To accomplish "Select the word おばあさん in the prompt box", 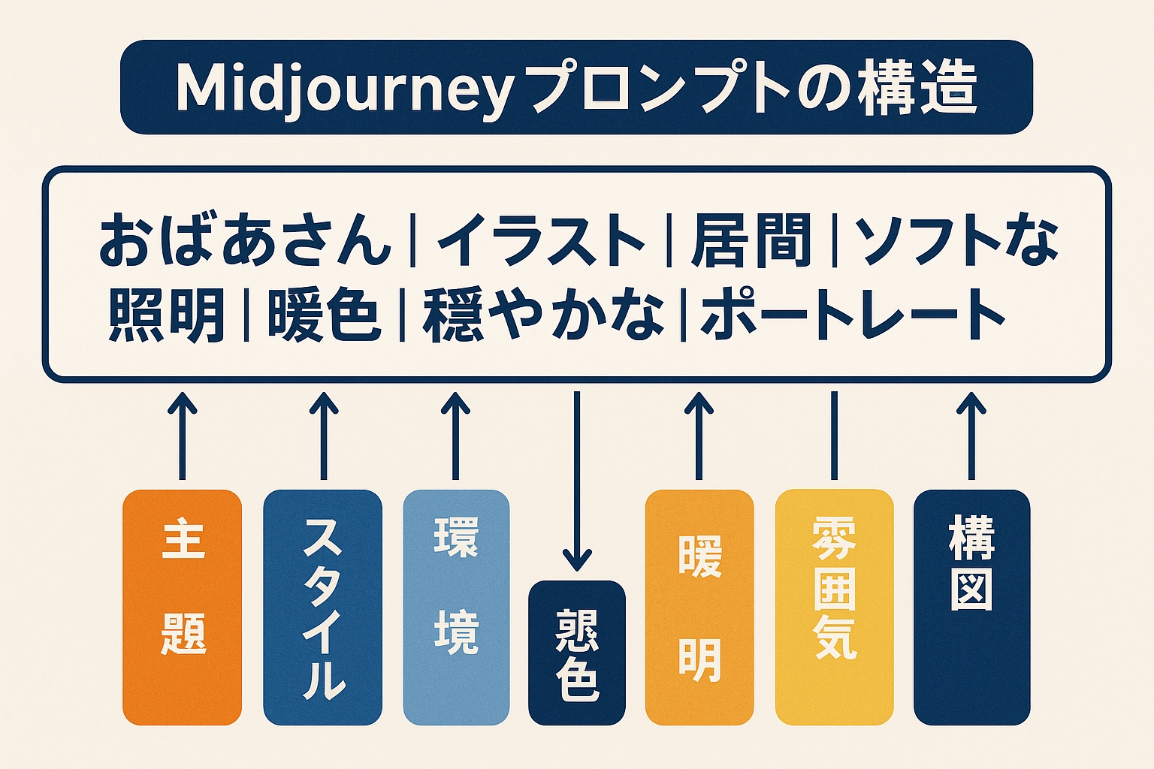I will [x=245, y=240].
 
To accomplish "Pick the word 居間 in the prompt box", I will [x=751, y=240].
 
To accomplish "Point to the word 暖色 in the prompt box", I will [x=324, y=315].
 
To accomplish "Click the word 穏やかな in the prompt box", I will [x=543, y=315].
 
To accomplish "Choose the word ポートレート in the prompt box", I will [x=852, y=315].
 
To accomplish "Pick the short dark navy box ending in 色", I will [x=577, y=653].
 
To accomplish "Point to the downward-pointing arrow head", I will [x=577, y=559].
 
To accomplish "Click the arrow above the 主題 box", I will [x=182, y=436].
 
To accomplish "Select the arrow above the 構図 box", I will [x=971, y=436].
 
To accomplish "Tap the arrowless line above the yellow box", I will [x=833, y=436].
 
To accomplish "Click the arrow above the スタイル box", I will [x=324, y=436].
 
